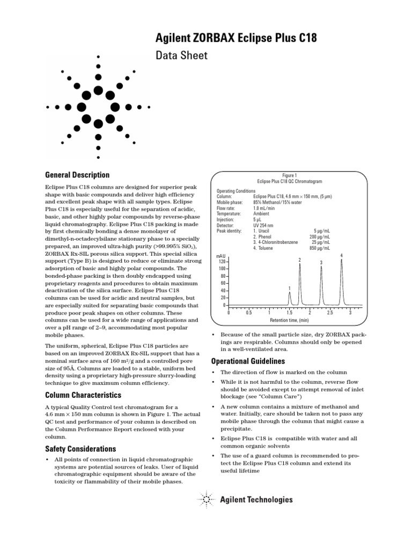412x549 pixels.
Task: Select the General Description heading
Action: point(77,175)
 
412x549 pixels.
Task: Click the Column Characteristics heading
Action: point(83,395)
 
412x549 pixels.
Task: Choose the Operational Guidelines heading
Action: point(248,361)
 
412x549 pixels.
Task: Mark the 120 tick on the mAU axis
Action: point(222,261)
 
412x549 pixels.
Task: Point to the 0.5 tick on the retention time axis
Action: point(249,313)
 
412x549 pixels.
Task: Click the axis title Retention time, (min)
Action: point(289,320)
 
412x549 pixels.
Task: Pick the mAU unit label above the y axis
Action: point(220,256)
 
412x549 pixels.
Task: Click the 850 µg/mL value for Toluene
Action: point(319,248)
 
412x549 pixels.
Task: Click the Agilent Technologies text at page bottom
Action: point(256,500)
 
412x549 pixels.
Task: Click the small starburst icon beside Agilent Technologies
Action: point(206,500)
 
